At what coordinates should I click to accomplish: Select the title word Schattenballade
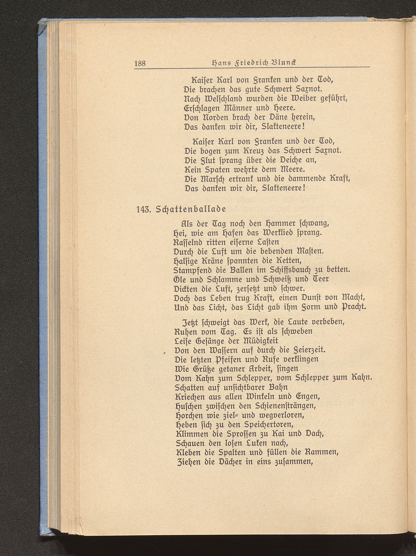point(191,210)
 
